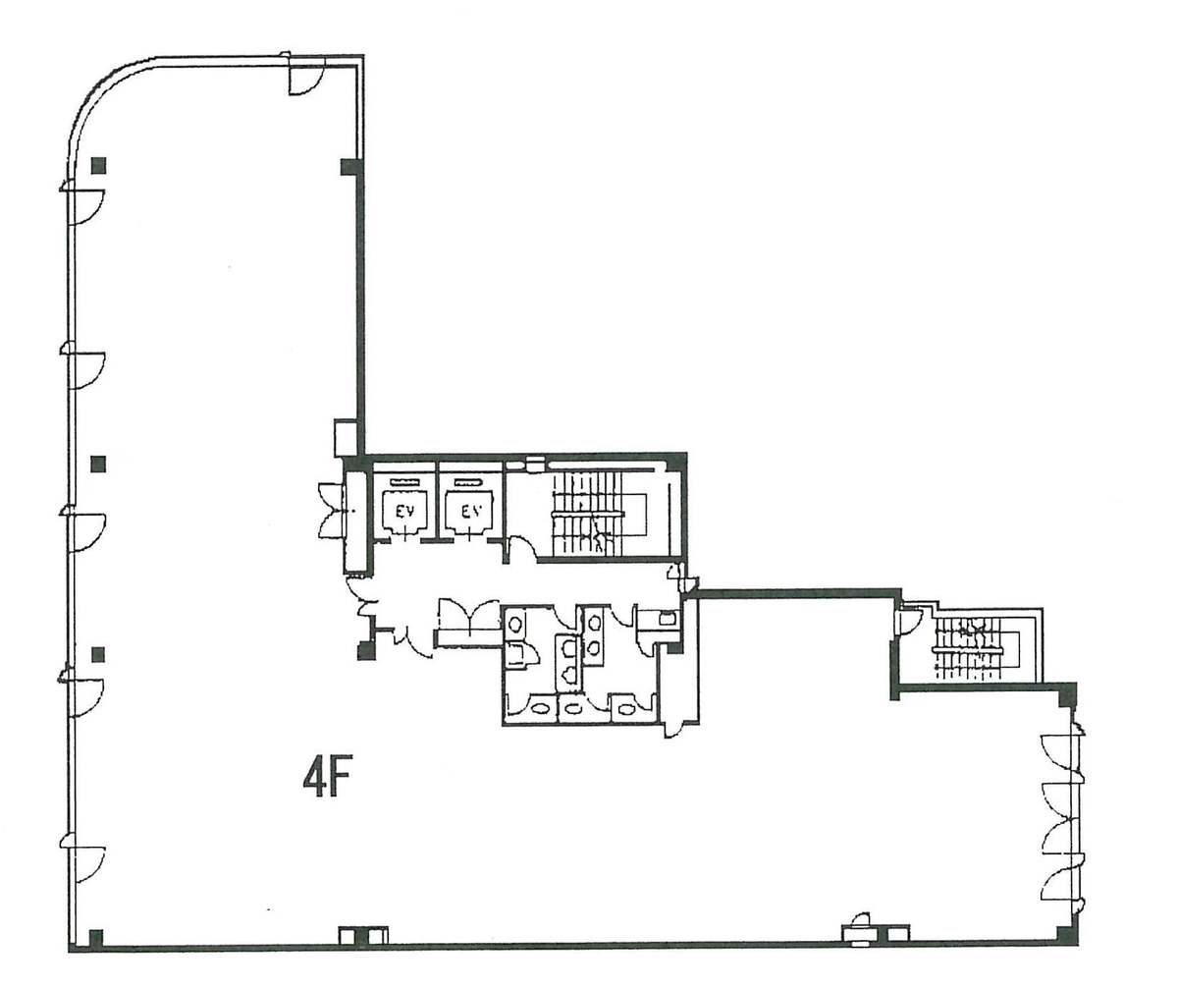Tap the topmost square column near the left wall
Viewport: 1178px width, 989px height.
point(99,165)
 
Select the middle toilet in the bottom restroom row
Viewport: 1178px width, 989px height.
point(573,707)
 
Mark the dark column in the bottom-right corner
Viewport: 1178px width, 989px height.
point(1064,943)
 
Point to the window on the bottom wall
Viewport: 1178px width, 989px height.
point(859,936)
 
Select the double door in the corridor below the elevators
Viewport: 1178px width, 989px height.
point(469,614)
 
